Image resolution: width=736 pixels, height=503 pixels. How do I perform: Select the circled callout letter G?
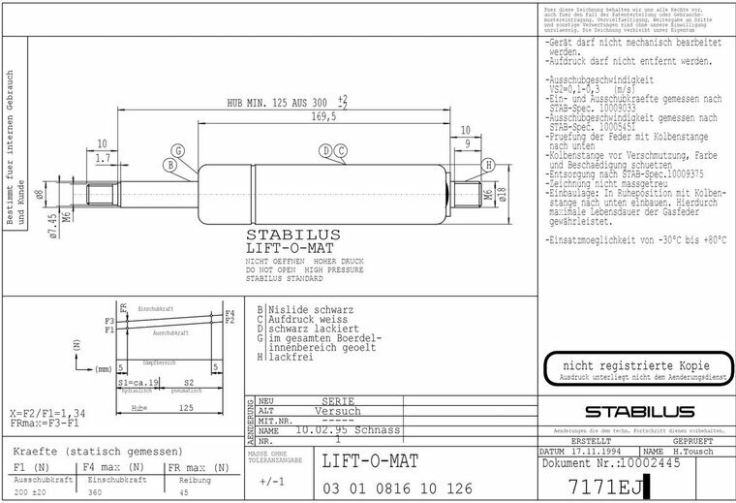point(178,150)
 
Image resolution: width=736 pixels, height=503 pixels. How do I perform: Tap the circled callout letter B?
point(170,166)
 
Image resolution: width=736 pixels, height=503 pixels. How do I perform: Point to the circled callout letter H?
point(489,165)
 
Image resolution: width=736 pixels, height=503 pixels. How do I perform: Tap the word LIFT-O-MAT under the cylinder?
point(278,249)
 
